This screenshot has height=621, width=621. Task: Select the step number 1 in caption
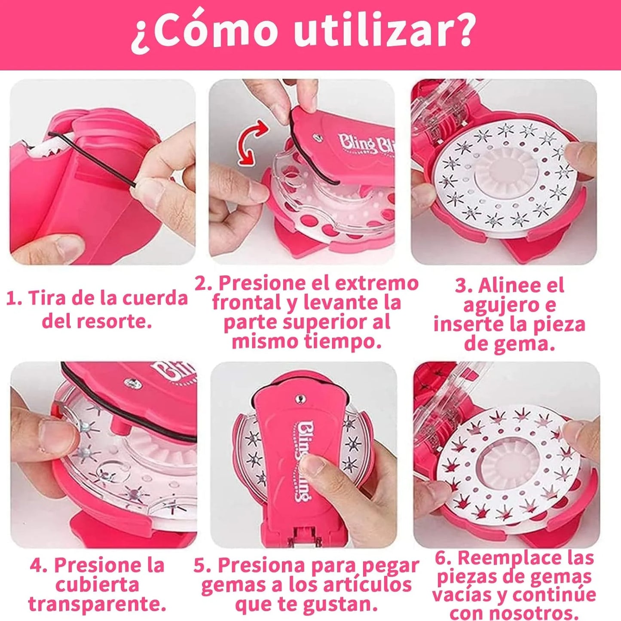click(x=14, y=298)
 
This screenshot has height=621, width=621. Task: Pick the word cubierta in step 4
click(x=97, y=585)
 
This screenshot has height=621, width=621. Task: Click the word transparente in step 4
click(x=97, y=604)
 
